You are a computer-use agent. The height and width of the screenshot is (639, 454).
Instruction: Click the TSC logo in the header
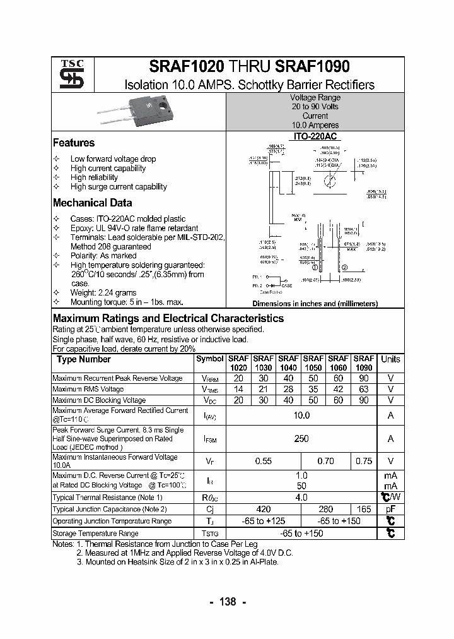[x=67, y=74]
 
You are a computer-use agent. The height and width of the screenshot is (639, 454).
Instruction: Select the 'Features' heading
[x=74, y=143]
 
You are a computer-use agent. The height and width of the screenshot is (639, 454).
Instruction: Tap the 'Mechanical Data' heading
[x=92, y=203]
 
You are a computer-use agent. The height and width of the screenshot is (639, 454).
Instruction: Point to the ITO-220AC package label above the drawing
[x=315, y=136]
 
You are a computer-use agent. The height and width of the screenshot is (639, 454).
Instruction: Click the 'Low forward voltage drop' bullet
[x=113, y=159]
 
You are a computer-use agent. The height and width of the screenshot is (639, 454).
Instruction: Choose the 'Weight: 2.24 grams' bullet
[x=103, y=293]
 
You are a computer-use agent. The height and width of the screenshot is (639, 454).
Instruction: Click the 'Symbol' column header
[x=209, y=359]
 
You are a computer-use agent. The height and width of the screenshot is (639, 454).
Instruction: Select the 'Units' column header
[x=390, y=359]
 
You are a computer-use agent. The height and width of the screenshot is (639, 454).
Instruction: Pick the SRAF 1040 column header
[x=288, y=362]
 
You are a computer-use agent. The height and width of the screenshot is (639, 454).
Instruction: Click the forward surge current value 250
[x=301, y=439]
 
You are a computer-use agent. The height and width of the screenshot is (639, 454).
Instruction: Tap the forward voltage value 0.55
[x=263, y=462]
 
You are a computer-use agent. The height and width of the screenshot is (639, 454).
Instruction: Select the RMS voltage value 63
[x=364, y=390]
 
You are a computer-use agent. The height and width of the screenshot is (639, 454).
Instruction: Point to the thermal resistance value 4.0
[x=301, y=498]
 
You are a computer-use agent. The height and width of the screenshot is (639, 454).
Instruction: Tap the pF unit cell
[x=390, y=509]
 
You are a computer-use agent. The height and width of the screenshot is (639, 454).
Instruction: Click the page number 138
[x=227, y=602]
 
